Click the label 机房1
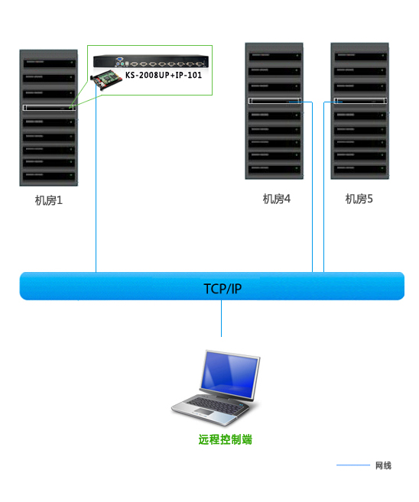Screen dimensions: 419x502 coord(49,200)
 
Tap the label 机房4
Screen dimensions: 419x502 coord(277,199)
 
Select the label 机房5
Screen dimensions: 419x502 coord(359,199)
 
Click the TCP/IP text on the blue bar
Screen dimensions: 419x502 coord(222,289)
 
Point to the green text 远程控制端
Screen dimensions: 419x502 coord(226,439)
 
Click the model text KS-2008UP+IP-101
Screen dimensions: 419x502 coord(164,75)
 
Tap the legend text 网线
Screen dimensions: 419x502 coord(383,465)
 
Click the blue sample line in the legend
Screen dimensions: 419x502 coord(353,465)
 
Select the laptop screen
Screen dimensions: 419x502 coord(230,374)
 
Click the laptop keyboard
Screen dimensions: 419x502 coord(216,405)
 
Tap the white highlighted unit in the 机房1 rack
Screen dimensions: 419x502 coord(49,108)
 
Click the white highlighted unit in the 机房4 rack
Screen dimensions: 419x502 coord(274,101)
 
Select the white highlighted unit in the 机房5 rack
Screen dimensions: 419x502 coord(360,101)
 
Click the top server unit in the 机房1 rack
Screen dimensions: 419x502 coord(49,63)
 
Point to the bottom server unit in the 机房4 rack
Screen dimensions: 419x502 coord(274,169)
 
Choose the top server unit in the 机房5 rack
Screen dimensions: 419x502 coord(360,57)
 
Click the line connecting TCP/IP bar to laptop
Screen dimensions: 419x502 coord(222,318)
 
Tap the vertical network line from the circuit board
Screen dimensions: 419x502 coord(96,179)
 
